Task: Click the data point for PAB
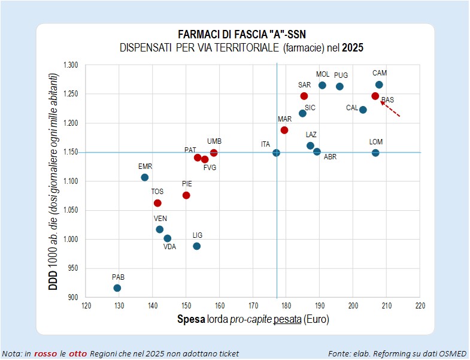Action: click(x=117, y=288)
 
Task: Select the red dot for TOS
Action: click(x=157, y=203)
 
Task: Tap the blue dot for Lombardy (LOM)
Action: click(x=375, y=153)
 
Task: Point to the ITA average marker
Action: click(x=276, y=153)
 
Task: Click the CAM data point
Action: click(x=379, y=84)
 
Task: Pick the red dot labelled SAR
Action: click(x=304, y=96)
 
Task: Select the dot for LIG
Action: click(x=196, y=246)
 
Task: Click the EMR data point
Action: click(x=144, y=177)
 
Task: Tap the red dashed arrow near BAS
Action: click(x=390, y=109)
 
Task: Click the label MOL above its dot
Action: click(x=323, y=74)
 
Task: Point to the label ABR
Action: click(x=330, y=156)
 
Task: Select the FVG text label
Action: click(x=210, y=167)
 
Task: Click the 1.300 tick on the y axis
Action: click(x=71, y=65)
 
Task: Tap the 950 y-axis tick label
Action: click(x=73, y=268)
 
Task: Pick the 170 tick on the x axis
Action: click(x=253, y=305)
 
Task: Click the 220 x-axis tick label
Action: click(x=420, y=305)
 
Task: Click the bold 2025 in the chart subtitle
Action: click(x=353, y=47)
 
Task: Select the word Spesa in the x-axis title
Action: click(x=191, y=319)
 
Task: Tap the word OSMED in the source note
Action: click(x=454, y=353)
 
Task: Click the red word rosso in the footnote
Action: click(x=46, y=353)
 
